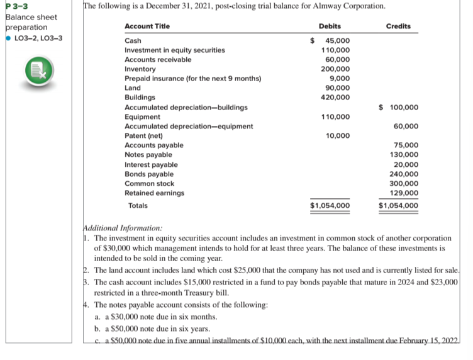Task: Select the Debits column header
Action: (x=330, y=26)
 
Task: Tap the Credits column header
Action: (x=398, y=26)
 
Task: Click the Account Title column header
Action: (x=147, y=26)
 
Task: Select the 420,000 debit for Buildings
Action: (x=335, y=98)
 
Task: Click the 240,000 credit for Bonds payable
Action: (x=404, y=174)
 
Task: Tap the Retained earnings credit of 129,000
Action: (x=404, y=193)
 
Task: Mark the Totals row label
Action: (x=138, y=205)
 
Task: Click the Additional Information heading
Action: (x=122, y=228)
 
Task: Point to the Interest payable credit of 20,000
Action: (x=406, y=164)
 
